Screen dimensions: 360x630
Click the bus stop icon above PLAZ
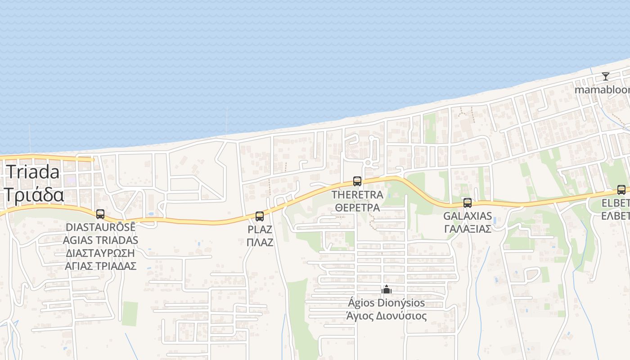[260, 216]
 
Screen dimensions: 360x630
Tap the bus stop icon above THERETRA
[357, 181]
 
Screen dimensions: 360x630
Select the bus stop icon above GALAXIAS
[468, 203]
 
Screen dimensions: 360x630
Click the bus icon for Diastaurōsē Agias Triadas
[100, 214]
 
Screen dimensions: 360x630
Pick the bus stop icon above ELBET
[621, 190]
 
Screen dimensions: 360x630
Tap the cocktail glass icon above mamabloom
[606, 76]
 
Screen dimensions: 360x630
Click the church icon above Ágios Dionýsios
[387, 289]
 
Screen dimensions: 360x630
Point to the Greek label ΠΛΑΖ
[260, 242]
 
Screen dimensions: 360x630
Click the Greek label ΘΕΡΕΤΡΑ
[357, 207]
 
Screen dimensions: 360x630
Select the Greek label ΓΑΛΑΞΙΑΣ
[468, 229]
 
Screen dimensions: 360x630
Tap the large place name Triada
[32, 172]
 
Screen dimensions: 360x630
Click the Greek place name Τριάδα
[34, 195]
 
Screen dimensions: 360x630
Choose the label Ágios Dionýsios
[386, 303]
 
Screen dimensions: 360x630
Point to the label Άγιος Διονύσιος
[386, 316]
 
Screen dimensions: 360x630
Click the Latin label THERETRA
[357, 195]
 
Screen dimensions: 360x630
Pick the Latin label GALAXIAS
[468, 216]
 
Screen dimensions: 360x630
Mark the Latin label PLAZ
[260, 229]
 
